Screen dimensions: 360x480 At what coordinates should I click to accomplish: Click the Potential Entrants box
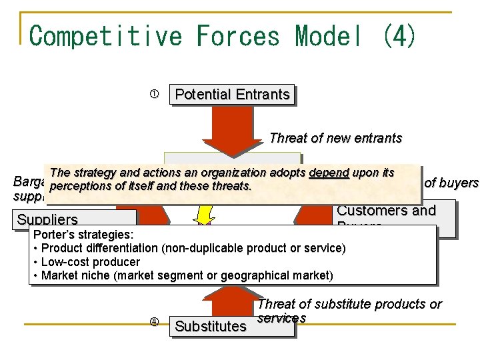(232, 95)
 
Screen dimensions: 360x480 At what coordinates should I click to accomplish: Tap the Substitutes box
(210, 326)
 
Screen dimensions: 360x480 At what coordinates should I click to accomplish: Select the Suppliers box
(48, 219)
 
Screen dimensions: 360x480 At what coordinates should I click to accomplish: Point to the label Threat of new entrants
(335, 138)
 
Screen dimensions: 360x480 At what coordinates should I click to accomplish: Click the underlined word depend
(329, 173)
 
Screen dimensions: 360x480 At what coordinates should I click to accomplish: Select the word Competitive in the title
(105, 35)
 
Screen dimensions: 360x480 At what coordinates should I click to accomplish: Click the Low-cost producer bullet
(90, 262)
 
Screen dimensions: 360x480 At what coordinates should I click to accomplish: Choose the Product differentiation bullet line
(193, 249)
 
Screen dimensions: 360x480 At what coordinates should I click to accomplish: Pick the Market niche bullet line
(187, 275)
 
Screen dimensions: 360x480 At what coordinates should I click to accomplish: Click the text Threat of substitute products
(349, 304)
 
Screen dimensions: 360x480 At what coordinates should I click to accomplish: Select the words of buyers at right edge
(451, 183)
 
